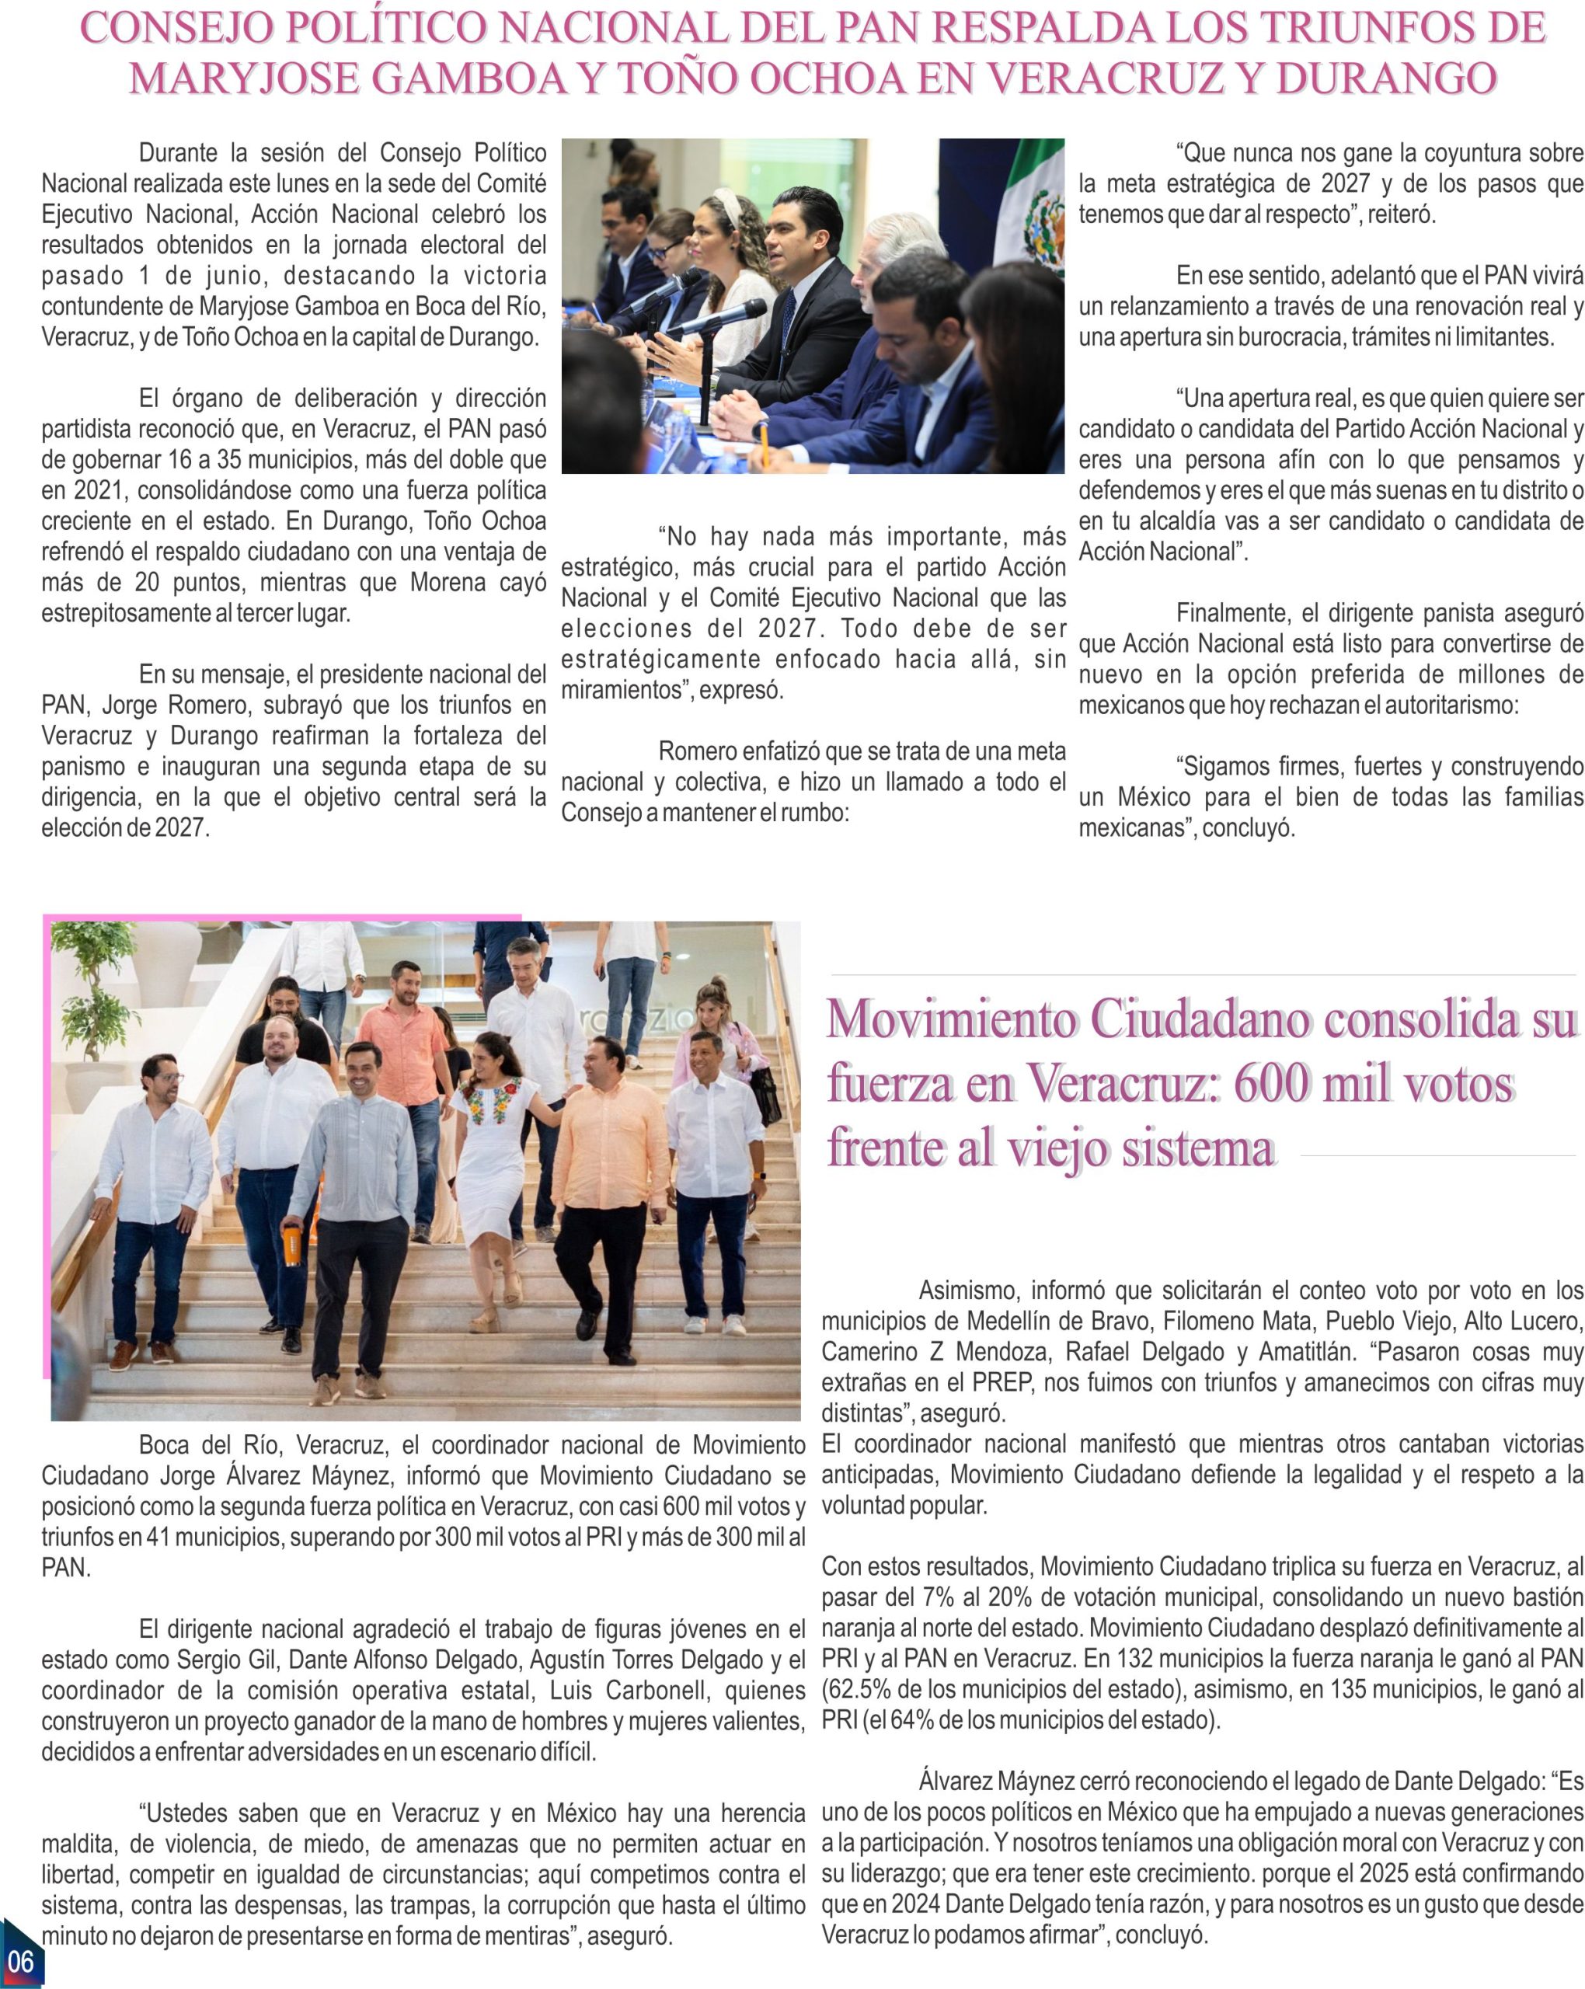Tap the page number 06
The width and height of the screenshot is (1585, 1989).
pyautogui.click(x=19, y=1960)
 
